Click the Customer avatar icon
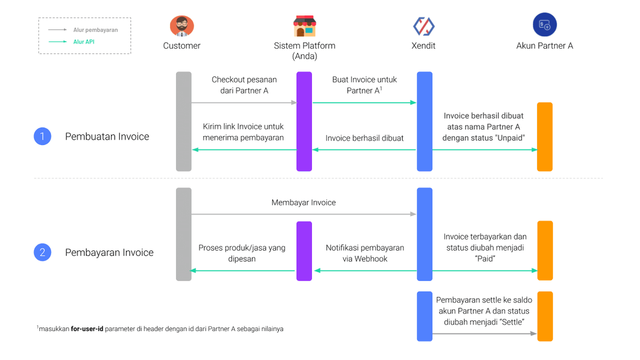coord(182,26)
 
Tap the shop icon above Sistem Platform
coord(305,26)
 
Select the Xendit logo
coord(423,26)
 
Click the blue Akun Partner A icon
coord(545,25)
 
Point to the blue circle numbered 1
coord(43,137)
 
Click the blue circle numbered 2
coord(43,252)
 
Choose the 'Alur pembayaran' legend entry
coord(95,30)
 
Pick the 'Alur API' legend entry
coord(84,42)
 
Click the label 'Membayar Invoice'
coord(303,203)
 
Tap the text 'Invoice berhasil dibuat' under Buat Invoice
coord(365,138)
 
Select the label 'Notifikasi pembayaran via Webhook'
coord(365,253)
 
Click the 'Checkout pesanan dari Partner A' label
coord(244,85)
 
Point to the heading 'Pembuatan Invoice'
coord(107,137)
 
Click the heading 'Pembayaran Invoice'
coord(109,252)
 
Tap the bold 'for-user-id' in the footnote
coord(87,329)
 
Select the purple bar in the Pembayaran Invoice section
coord(304,251)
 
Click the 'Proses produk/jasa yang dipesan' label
coord(242,253)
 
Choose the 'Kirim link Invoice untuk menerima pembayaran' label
coord(243,132)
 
